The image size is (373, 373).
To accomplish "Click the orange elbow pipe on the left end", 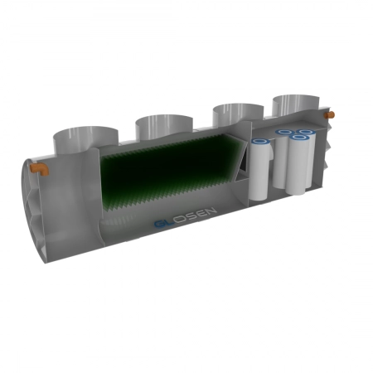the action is click(39, 168).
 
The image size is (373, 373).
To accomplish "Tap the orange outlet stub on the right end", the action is click(330, 115).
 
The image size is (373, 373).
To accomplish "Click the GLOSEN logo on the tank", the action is click(186, 217).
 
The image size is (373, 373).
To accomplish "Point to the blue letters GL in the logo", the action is click(164, 223).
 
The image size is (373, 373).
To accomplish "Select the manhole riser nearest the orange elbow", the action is click(85, 138).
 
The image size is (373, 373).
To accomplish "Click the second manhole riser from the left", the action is click(164, 127).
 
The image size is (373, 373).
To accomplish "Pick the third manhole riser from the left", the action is click(238, 114).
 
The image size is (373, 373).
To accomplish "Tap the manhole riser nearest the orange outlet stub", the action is click(296, 105).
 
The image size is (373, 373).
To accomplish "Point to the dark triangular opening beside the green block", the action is click(244, 163).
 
